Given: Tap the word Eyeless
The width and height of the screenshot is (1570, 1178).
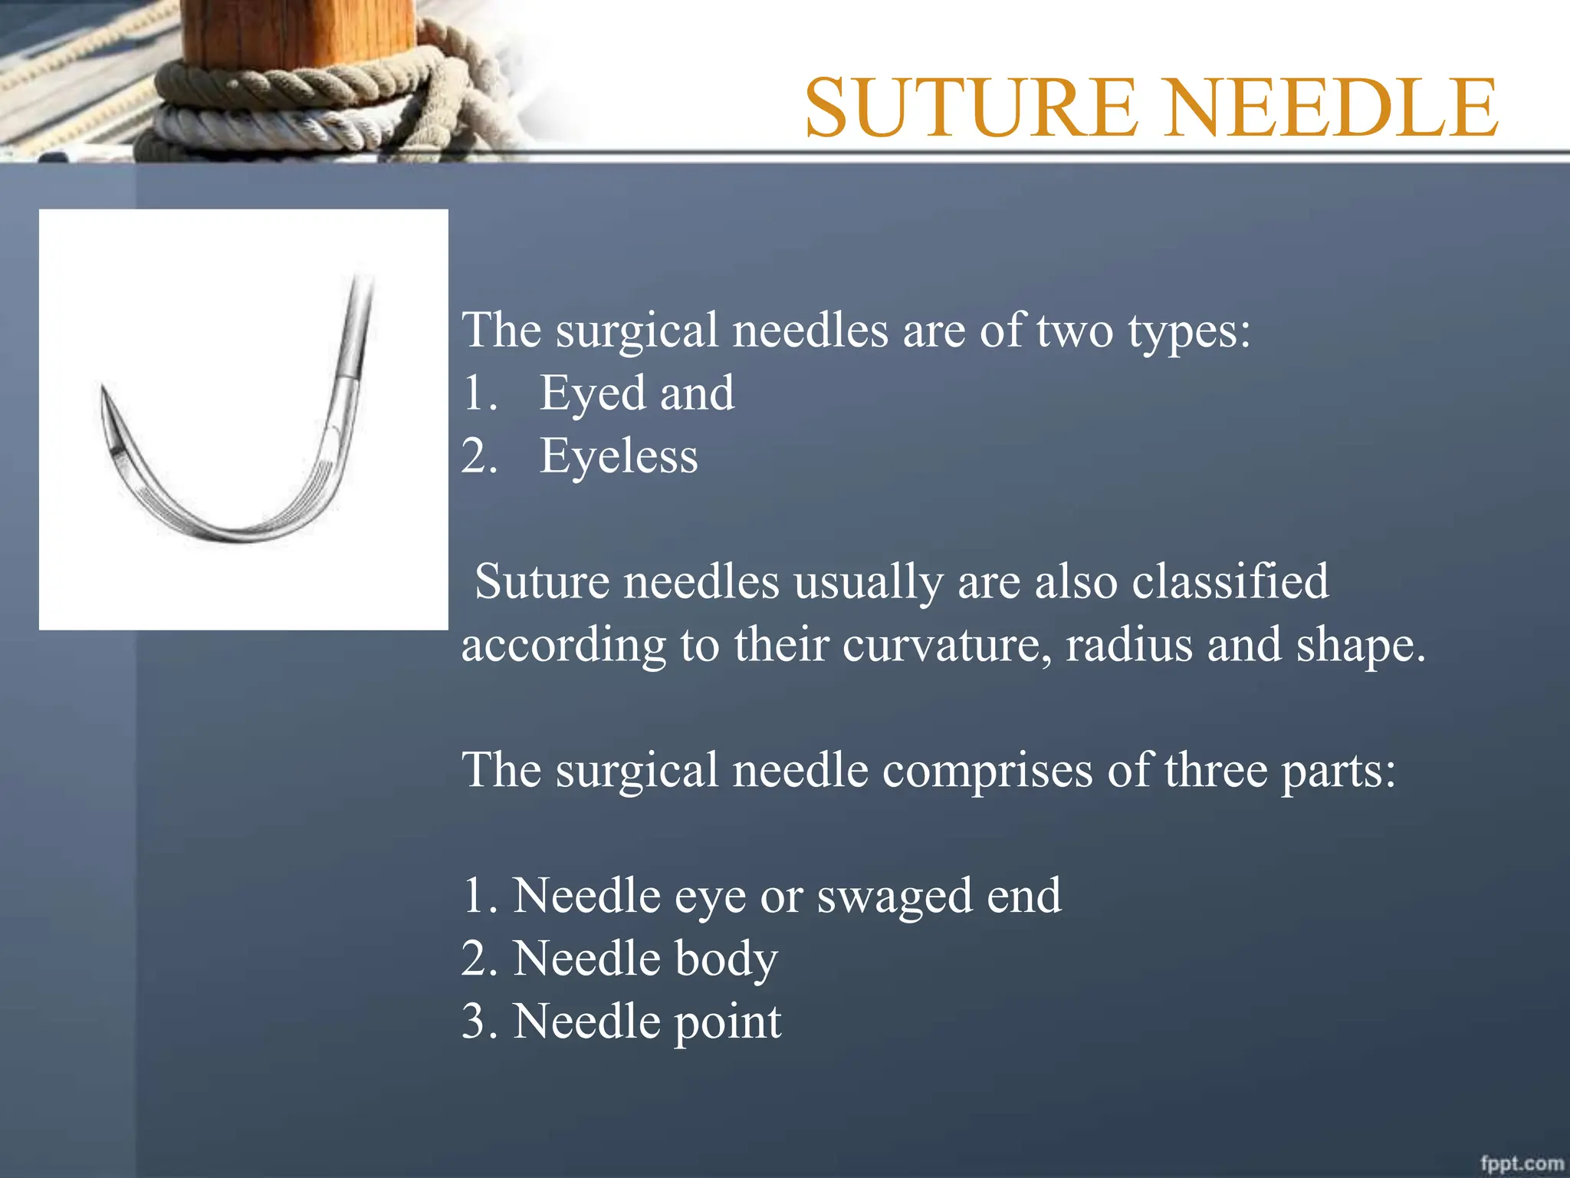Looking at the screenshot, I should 619,456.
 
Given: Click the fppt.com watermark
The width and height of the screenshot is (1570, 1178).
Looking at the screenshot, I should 1522,1163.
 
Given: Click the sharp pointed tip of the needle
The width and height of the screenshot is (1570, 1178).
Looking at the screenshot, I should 103,390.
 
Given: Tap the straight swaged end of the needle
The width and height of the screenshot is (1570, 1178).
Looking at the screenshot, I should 358,322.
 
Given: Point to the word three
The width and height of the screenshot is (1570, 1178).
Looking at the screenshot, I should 1217,770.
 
